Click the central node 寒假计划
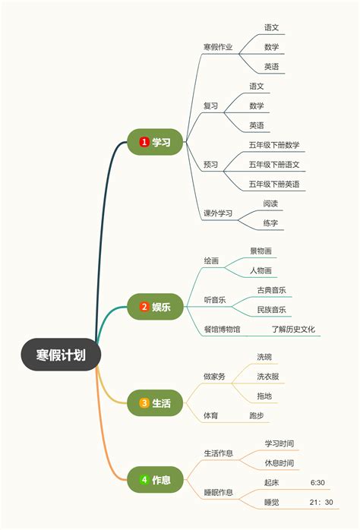pos(61,355)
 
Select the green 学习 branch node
pos(155,142)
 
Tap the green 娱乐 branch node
pos(155,307)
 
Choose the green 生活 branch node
pos(155,403)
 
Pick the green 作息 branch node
pos(155,480)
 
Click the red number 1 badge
pos(144,142)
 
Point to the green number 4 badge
pos(144,480)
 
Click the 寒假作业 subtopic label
pos(218,47)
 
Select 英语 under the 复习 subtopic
pos(257,125)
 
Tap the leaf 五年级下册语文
pos(274,165)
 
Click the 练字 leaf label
pos(270,223)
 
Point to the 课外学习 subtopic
pos(218,213)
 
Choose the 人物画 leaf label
pos(261,270)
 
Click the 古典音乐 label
pos(271,290)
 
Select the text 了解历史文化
pos(293,330)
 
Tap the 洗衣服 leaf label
pos(267,377)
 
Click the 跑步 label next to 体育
pos(257,416)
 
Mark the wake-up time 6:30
pos(317,483)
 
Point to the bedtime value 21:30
pos(321,502)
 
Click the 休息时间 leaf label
pos(279,463)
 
